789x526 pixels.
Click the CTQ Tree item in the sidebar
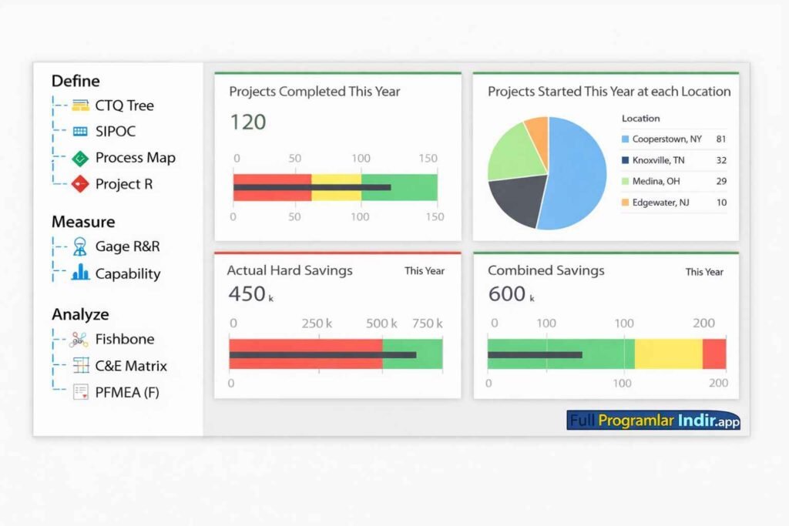pos(124,106)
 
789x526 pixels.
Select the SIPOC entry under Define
pos(116,132)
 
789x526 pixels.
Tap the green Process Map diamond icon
pos(80,159)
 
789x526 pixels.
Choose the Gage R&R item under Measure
pos(127,247)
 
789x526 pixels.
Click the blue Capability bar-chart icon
pos(80,273)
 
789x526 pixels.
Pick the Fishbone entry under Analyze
pos(124,339)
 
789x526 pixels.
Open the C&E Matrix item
pos(130,366)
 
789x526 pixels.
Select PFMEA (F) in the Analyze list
pos(127,392)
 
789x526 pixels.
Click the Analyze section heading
pos(80,314)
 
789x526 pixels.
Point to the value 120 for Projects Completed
pos(248,122)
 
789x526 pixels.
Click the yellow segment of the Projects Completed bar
pos(336,187)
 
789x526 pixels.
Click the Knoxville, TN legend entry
pos(657,160)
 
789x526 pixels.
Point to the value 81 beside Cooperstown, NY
pos(720,139)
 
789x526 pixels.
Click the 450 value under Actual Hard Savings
pos(247,294)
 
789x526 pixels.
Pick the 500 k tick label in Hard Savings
pos(381,323)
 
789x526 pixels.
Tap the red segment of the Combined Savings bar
pos(713,353)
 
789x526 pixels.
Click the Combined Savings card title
pos(546,270)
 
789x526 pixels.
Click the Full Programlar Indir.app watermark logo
pos(653,420)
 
